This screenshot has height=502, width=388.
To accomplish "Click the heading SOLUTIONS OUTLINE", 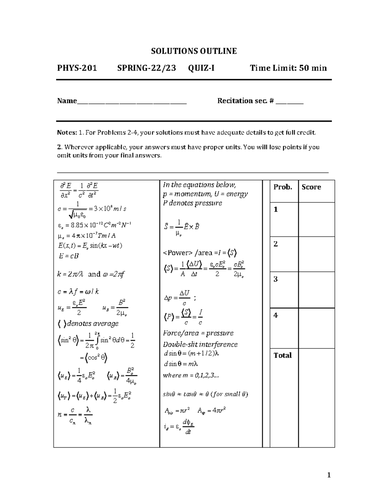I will click(x=194, y=51).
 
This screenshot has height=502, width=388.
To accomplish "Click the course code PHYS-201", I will click(x=77, y=68).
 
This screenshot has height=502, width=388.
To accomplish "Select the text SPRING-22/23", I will click(x=146, y=68).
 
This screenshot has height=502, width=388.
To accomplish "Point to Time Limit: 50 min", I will click(x=288, y=68).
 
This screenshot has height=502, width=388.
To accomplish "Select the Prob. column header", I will click(x=283, y=187).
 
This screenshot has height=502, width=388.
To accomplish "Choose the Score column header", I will click(x=311, y=187).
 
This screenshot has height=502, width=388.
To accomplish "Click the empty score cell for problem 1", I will click(x=316, y=219).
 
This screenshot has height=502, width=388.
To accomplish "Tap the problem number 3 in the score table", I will click(x=276, y=279).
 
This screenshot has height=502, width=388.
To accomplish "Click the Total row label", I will click(x=283, y=355).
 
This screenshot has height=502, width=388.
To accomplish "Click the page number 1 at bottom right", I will click(x=329, y=475).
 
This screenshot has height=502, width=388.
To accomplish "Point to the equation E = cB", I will click(x=69, y=256).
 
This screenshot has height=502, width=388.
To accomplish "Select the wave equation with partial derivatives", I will click(x=79, y=190).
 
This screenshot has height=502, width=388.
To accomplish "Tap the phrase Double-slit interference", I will click(x=200, y=344).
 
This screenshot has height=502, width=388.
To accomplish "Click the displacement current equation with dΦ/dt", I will click(x=179, y=427).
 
